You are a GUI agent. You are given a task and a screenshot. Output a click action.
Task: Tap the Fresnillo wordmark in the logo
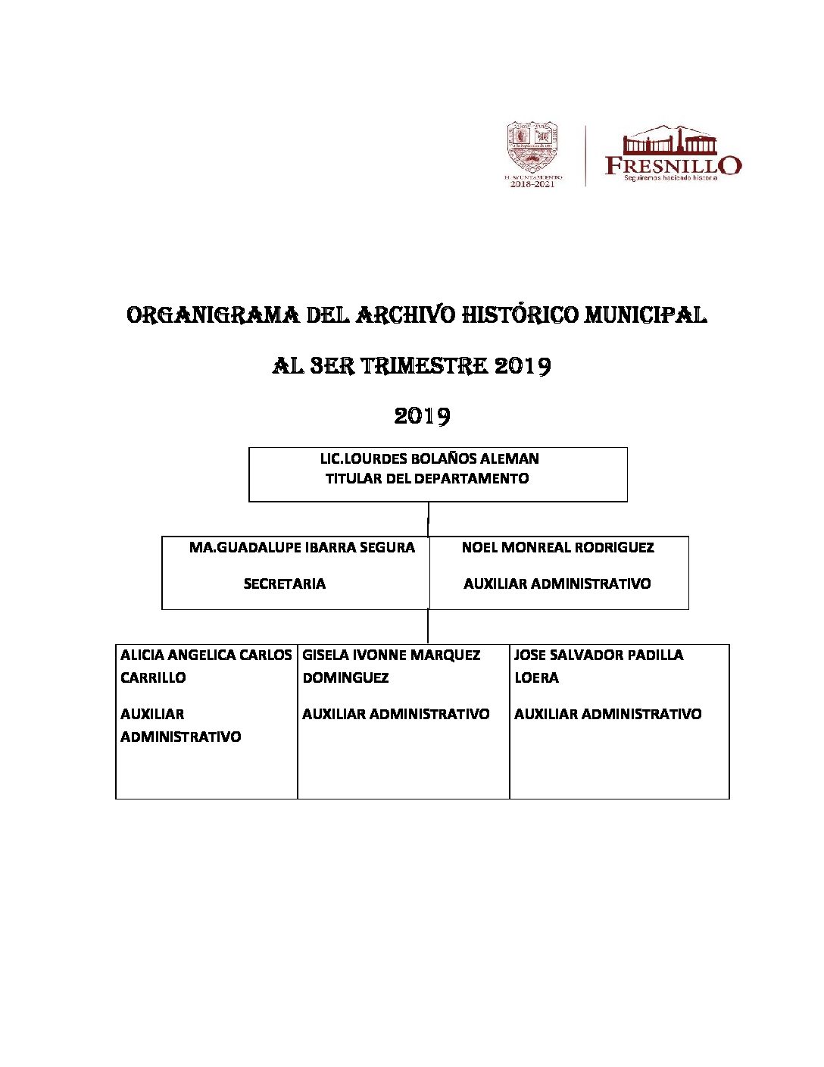tap(673, 165)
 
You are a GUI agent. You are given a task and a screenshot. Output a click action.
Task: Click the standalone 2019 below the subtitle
tap(422, 416)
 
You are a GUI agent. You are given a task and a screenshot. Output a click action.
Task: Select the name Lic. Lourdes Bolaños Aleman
tap(429, 458)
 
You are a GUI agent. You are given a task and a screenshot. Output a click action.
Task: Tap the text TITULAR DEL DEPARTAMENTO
tap(427, 478)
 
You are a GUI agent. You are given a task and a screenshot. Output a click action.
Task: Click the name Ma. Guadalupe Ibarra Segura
tap(302, 547)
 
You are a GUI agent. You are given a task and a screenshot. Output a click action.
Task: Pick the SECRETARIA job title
tap(285, 584)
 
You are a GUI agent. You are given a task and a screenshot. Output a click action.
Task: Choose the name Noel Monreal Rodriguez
tap(557, 547)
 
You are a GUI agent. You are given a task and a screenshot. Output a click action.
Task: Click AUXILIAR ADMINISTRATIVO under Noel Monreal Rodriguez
tap(557, 584)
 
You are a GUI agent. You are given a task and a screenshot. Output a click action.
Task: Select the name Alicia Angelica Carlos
tap(206, 655)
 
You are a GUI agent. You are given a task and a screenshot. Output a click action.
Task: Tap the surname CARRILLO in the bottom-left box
tap(153, 677)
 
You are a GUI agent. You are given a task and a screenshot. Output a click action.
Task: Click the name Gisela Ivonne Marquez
tap(392, 655)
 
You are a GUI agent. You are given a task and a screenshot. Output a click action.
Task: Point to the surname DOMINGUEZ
tap(345, 677)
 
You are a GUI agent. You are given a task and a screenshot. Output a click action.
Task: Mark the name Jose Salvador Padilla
tap(598, 655)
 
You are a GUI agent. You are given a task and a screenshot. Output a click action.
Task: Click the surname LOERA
tap(536, 677)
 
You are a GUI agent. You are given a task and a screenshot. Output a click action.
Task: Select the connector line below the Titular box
tap(429, 519)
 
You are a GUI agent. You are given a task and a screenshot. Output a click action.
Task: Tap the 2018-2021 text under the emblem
tap(532, 184)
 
